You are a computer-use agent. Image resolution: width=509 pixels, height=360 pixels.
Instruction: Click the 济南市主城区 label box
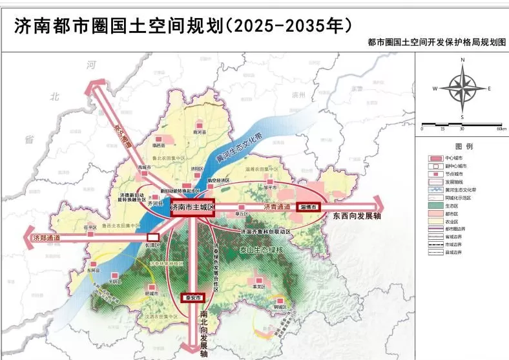[x=192, y=208]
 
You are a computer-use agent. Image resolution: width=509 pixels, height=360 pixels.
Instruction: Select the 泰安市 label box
[x=192, y=298]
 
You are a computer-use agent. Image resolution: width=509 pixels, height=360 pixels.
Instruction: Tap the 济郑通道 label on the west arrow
[x=47, y=238]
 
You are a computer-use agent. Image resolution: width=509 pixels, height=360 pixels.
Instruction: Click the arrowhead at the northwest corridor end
[x=98, y=83]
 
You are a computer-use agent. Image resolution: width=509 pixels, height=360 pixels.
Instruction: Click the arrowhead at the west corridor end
[x=28, y=237]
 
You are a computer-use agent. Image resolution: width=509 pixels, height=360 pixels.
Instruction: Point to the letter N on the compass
[x=462, y=60]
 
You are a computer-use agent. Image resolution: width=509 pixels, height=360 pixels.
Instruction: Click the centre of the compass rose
[x=462, y=89]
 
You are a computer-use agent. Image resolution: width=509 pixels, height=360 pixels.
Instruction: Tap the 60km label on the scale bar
[x=501, y=129]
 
